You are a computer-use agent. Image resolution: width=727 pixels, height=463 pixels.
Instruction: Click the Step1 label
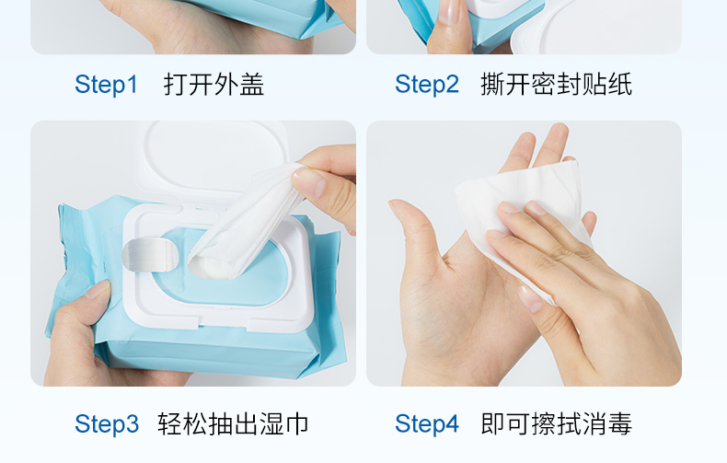(106, 85)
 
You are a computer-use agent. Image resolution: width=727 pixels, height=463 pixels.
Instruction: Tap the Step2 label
(427, 85)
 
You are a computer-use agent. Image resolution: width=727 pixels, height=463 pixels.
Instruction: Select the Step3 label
(107, 424)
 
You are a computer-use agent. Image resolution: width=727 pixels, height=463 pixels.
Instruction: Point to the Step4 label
(427, 424)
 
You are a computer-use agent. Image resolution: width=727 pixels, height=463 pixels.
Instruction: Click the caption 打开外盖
(213, 85)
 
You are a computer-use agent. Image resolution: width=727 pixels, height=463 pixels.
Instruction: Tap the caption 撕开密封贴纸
(556, 85)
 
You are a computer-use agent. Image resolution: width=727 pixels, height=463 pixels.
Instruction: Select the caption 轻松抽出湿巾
(233, 423)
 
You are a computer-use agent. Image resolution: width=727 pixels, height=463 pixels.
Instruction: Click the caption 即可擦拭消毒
(556, 423)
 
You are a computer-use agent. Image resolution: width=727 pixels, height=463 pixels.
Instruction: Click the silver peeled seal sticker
(149, 254)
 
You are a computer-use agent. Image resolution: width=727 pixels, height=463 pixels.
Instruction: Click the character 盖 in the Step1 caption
(252, 85)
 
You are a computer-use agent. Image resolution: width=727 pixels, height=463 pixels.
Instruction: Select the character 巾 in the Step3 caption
(295, 423)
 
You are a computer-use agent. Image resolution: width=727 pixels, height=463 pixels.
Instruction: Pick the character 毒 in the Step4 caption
(619, 423)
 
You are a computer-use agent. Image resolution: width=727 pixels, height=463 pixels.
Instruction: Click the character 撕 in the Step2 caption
(493, 85)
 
